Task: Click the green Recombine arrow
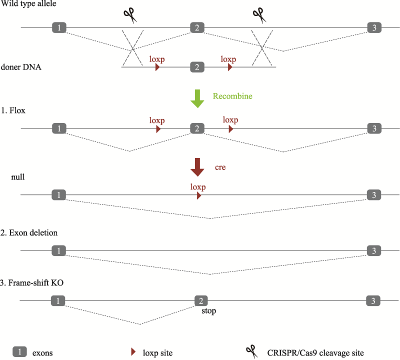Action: coord(197,98)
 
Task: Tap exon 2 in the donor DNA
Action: coord(197,67)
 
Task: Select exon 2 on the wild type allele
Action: coord(197,27)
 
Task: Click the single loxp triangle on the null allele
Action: coord(198,195)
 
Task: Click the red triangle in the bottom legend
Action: coord(133,352)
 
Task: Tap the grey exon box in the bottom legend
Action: coord(19,352)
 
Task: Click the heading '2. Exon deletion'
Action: coord(29,233)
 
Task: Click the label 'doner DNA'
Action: coord(21,67)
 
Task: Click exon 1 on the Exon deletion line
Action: coord(59,250)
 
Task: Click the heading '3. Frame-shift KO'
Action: coord(32,283)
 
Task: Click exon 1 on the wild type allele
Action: coord(59,27)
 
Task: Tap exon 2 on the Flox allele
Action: coord(197,128)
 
